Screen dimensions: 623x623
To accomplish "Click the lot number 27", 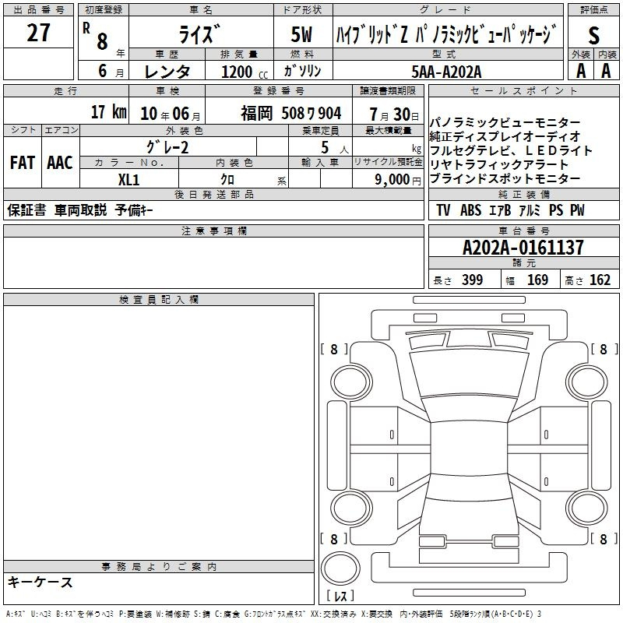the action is pos(38,32).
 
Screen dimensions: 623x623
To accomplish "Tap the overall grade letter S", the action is pos(593,35).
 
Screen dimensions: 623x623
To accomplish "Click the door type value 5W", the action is pos(301,34).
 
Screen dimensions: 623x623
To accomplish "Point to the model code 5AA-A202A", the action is pos(446,72).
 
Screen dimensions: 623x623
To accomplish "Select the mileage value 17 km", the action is pos(108,112).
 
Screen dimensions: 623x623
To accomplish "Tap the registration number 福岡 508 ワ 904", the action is pos(290,114).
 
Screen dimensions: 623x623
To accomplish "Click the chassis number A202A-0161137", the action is pos(523,248).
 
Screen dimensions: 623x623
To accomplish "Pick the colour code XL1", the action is pos(128,180).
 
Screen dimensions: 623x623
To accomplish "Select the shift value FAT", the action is pos(23,163).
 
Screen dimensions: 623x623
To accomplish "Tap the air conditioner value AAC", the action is pos(60,163).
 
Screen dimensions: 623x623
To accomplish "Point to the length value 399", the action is pos(472,280).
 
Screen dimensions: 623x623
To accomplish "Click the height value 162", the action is pos(600,280).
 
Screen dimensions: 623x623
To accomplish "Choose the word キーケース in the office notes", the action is pos(40,583).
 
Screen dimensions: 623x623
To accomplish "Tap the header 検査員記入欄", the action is pos(159,300).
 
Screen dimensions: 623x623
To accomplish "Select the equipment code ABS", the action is pos(471,210).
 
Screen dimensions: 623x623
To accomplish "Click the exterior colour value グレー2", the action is pos(167,147).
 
